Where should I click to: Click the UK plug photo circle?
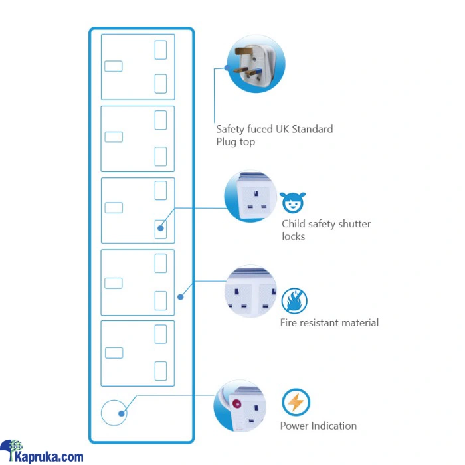tap(256, 64)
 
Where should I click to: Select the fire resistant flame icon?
tap(294, 301)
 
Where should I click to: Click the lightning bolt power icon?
tap(296, 403)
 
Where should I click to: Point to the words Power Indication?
tap(318, 426)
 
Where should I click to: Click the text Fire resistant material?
tap(329, 323)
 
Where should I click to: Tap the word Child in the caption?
tap(294, 224)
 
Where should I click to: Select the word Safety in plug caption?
tap(231, 129)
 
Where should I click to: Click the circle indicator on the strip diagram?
tap(113, 413)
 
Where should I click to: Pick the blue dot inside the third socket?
tap(160, 229)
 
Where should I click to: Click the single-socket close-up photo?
tap(250, 197)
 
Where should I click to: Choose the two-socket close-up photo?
tap(250, 292)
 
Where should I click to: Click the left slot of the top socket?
tap(114, 66)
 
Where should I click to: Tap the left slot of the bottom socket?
tap(114, 353)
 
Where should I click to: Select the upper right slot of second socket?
tap(160, 120)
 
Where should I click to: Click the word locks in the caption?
tap(294, 236)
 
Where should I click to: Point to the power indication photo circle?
tap(240, 407)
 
